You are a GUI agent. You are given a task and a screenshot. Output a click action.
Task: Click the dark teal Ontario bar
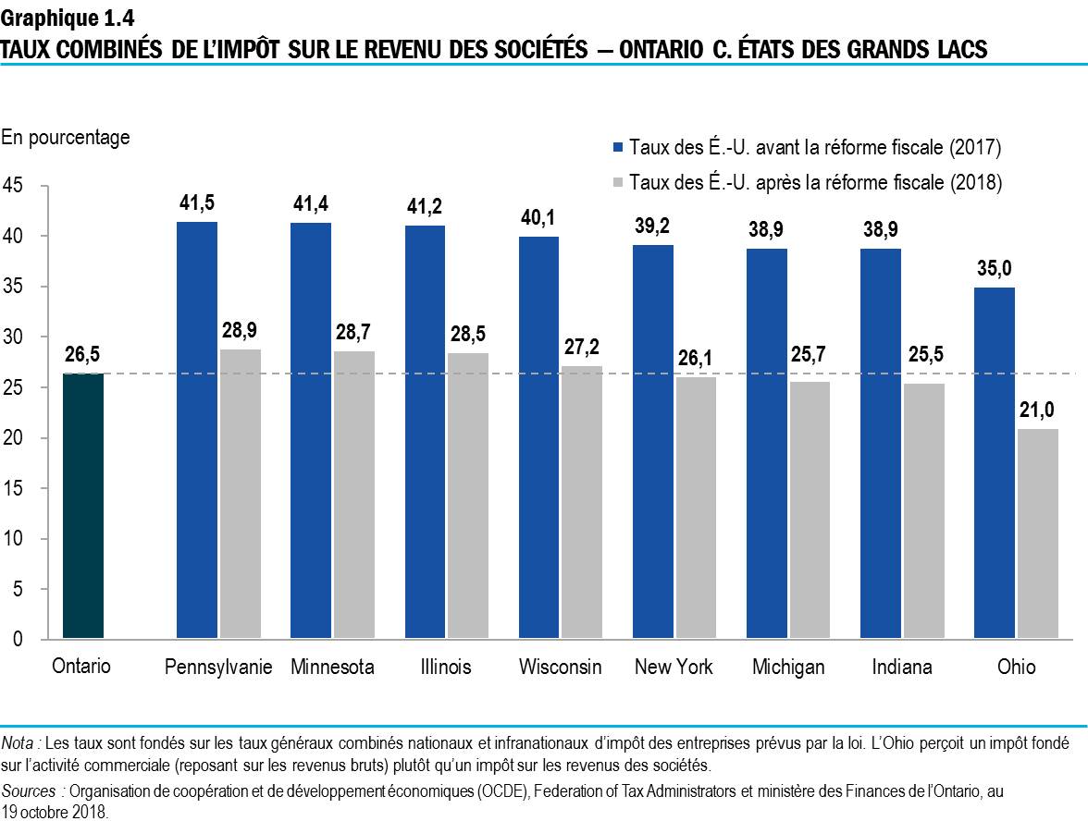(x=82, y=506)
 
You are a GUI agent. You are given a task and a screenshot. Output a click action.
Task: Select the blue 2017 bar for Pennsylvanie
(x=196, y=430)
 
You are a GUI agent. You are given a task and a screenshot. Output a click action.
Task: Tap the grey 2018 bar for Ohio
(x=1038, y=533)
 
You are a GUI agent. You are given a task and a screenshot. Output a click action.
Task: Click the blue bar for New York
(x=652, y=442)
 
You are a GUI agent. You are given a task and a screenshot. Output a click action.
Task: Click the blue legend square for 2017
(x=617, y=148)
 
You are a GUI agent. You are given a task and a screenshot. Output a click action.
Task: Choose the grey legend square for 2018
(x=617, y=182)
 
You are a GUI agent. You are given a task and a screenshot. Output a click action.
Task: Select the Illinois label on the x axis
(x=445, y=667)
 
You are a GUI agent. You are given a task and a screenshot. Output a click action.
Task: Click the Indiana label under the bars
(x=901, y=667)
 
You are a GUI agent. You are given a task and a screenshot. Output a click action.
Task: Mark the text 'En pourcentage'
(x=66, y=138)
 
